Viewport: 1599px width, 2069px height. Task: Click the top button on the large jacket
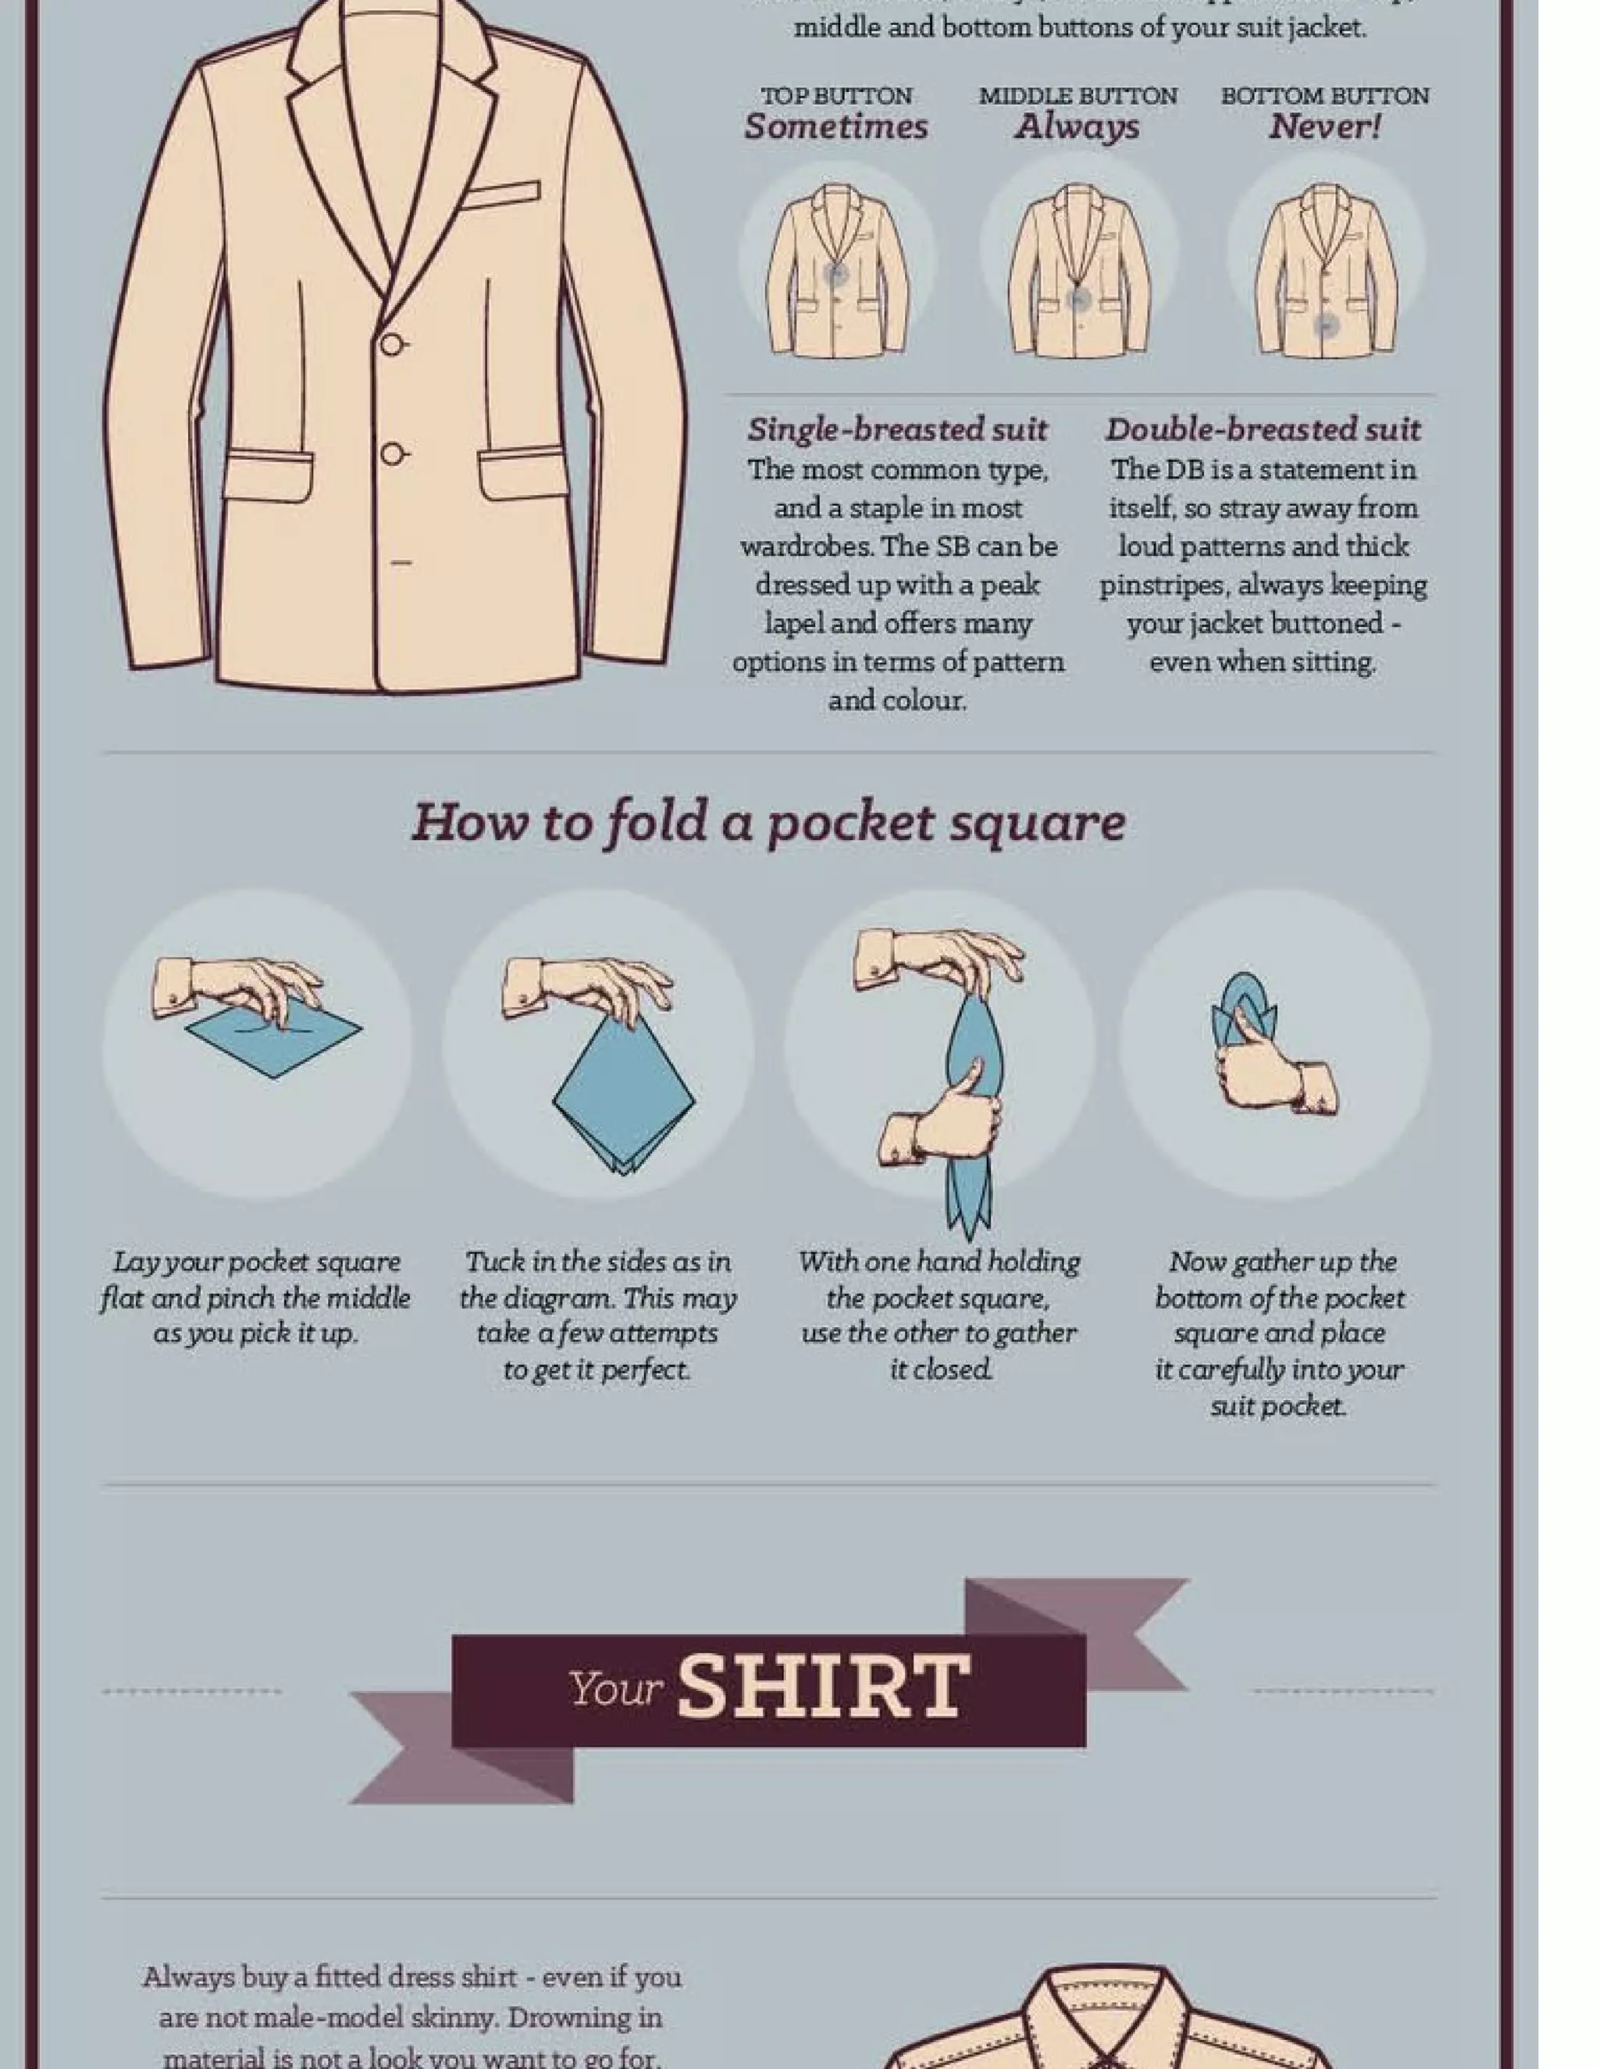[391, 345]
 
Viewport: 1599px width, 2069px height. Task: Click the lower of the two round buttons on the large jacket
[391, 454]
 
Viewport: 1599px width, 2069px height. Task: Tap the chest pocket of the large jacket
[501, 195]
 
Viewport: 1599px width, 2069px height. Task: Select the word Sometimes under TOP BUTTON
[835, 127]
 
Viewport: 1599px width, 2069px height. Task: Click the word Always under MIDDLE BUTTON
[1077, 127]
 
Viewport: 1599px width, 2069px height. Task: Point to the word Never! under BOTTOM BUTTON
[1324, 127]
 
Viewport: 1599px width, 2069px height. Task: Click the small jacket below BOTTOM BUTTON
[1325, 272]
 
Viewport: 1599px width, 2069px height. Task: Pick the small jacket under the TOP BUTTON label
[836, 272]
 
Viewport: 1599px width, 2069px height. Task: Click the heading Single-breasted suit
[897, 429]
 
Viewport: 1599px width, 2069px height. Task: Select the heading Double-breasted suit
[1262, 429]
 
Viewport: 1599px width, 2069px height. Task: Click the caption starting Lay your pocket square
[256, 1297]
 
